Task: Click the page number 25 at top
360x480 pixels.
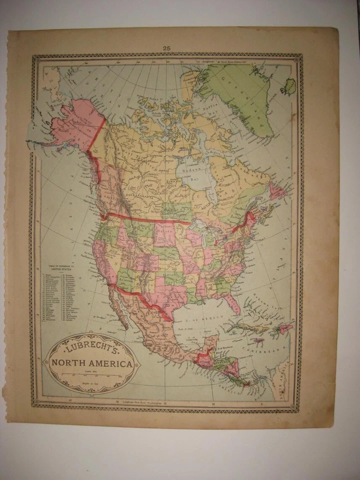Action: [x=166, y=48]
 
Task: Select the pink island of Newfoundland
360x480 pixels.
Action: [x=276, y=191]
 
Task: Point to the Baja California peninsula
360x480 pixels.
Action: [x=117, y=305]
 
